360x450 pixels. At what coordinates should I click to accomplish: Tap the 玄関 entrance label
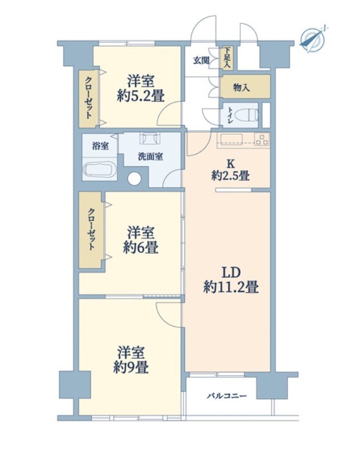(201, 61)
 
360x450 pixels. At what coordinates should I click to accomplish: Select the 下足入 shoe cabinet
(227, 58)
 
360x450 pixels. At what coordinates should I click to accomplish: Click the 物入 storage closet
(245, 87)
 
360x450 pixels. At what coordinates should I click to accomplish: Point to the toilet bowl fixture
(246, 116)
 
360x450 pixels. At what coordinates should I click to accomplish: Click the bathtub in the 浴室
(99, 169)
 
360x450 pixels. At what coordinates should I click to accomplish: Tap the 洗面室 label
(150, 156)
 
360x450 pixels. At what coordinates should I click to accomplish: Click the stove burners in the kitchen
(262, 139)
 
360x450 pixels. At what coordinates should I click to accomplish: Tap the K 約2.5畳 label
(230, 170)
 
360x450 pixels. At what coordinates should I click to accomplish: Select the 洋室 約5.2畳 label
(140, 89)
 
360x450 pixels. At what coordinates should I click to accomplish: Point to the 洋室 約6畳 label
(140, 240)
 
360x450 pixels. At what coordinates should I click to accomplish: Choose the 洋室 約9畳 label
(131, 360)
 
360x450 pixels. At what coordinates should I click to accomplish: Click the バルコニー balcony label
(227, 397)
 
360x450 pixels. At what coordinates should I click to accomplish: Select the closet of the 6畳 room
(90, 230)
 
